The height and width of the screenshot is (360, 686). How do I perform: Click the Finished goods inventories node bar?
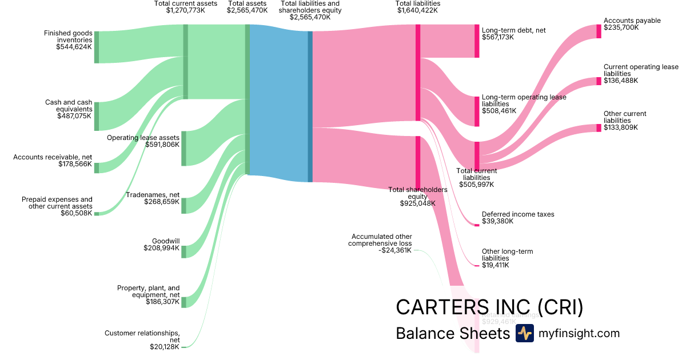coord(97,47)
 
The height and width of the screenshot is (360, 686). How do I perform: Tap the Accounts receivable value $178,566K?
coord(75,164)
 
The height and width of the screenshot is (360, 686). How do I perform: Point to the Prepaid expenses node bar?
coord(97,214)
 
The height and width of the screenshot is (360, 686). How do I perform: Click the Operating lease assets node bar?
coord(184,148)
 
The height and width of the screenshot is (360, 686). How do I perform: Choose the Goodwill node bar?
coord(184,251)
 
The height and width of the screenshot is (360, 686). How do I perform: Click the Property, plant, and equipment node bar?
coord(184,302)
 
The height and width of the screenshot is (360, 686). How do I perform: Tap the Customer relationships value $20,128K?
coord(165,347)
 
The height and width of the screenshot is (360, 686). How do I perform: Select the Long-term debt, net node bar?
coord(477,41)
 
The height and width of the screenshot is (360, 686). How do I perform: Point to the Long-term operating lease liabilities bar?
coord(477,111)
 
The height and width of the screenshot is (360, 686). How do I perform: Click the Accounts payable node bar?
coord(599,31)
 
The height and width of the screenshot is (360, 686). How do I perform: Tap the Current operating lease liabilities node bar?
coord(599,81)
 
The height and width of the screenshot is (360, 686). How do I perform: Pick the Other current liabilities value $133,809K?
coord(621,127)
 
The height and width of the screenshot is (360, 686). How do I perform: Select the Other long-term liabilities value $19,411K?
coord(495,265)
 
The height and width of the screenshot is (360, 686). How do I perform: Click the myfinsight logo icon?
coord(524,333)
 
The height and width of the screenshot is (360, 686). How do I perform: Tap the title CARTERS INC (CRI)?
coord(489,307)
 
